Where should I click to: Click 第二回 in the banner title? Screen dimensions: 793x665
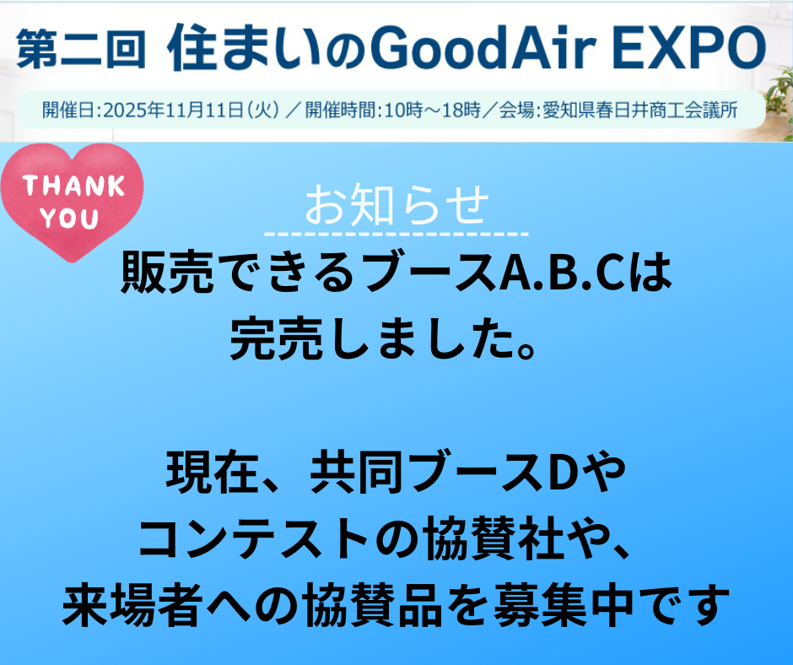(x=81, y=49)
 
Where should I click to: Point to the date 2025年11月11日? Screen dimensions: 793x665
(x=174, y=110)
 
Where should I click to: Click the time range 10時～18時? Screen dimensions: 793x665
(x=432, y=110)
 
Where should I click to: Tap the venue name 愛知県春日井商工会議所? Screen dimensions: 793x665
(x=640, y=110)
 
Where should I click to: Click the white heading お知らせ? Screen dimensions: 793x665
(x=396, y=204)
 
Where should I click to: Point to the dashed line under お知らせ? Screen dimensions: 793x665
(x=396, y=235)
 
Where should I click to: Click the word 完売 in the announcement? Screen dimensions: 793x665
(x=276, y=338)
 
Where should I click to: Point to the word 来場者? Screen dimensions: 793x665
(x=132, y=604)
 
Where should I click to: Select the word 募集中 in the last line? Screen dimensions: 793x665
(x=564, y=604)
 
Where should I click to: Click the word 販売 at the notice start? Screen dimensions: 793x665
(x=167, y=273)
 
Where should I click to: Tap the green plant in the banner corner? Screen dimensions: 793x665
(x=780, y=101)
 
